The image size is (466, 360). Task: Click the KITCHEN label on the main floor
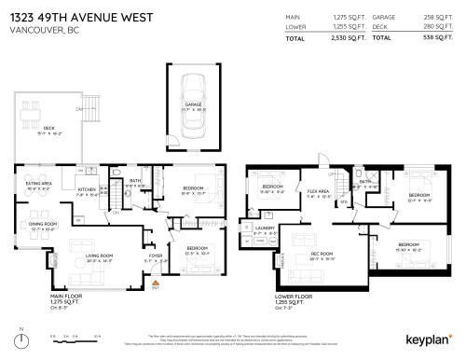click(86, 189)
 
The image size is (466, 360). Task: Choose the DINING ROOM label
click(42, 224)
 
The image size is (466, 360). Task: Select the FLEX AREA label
click(318, 194)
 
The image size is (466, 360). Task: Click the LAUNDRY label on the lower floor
click(264, 227)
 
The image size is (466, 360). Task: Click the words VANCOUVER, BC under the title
click(41, 28)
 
